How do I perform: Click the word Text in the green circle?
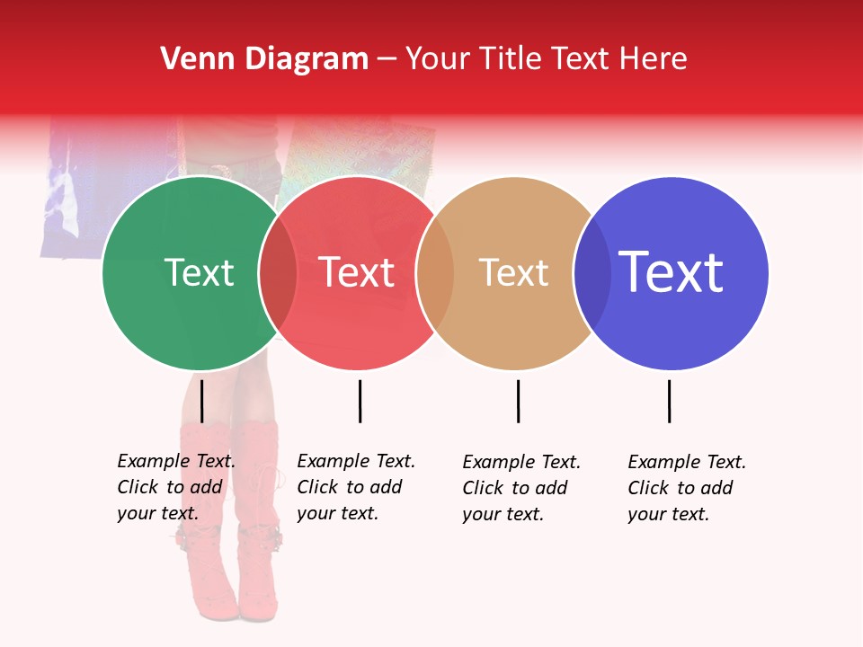coord(199,272)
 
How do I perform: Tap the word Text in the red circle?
coord(357,272)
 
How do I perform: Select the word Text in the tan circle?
coord(513,272)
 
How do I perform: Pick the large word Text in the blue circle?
coord(671,272)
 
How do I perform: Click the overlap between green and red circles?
coord(278,273)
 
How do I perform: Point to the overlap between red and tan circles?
coord(435,273)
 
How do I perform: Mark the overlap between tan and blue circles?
coord(592,273)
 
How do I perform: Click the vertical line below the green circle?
coord(201,401)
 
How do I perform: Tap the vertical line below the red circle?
coord(360,401)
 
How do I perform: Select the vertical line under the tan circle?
coord(518,401)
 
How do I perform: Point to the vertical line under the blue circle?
coord(669,401)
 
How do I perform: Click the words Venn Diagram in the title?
coord(264,59)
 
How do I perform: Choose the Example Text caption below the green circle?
coord(176,487)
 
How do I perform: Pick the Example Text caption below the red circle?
coord(356,487)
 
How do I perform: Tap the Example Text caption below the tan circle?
coord(521,488)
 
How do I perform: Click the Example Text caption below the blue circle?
coord(687,488)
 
